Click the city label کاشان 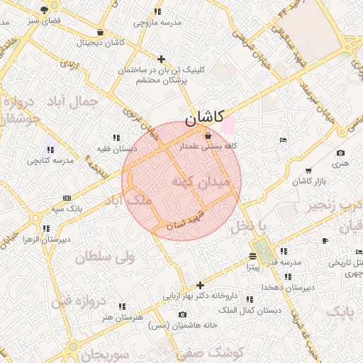pyautogui.click(x=205, y=116)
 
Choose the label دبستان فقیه pyautogui.click(x=117, y=149)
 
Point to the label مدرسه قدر pyautogui.click(x=284, y=262)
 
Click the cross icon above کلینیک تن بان pyautogui.click(x=162, y=59)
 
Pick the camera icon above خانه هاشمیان pyautogui.click(x=183, y=314)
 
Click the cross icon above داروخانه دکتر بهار pyautogui.click(x=200, y=284)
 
